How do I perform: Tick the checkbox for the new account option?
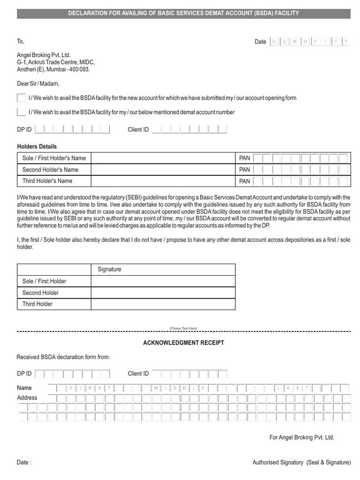pyautogui.click(x=21, y=98)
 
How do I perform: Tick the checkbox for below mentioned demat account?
pyautogui.click(x=21, y=112)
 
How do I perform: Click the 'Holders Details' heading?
pyautogui.click(x=37, y=147)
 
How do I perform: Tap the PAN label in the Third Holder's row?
pyautogui.click(x=245, y=181)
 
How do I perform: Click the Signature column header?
pyautogui.click(x=109, y=270)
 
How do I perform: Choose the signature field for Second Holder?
pyautogui.click(x=163, y=292)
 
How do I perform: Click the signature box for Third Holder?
pyautogui.click(x=163, y=304)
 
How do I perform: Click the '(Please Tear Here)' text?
pyautogui.click(x=183, y=328)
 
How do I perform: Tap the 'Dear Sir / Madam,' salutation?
pyautogui.click(x=38, y=84)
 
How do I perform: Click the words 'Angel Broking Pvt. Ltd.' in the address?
pyautogui.click(x=44, y=55)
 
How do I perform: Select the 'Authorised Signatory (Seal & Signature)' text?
pyautogui.click(x=301, y=463)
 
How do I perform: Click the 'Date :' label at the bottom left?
pyautogui.click(x=24, y=463)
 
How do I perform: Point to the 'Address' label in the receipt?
pyautogui.click(x=27, y=397)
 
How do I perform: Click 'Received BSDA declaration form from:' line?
pyautogui.click(x=63, y=357)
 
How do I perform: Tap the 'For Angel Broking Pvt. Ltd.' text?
pyautogui.click(x=301, y=437)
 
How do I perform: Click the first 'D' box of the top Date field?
pyautogui.click(x=274, y=42)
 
